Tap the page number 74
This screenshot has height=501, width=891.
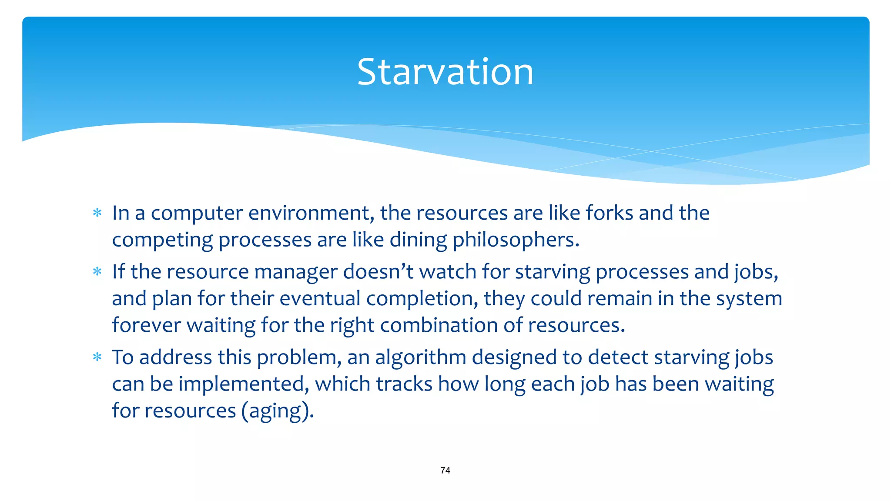(x=445, y=470)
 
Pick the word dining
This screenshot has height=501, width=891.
(x=418, y=240)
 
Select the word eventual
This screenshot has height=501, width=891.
(x=320, y=299)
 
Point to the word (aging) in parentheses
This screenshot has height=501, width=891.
(x=278, y=411)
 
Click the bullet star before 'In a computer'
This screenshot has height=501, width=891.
(x=97, y=213)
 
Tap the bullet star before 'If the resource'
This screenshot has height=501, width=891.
(x=97, y=272)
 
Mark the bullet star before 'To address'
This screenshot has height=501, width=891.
(x=97, y=357)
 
